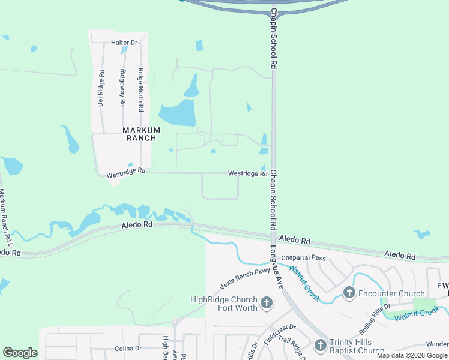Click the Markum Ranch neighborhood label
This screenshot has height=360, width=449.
tap(142, 134)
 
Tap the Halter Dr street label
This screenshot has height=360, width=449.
tap(124, 43)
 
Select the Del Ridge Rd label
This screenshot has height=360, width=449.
tap(101, 89)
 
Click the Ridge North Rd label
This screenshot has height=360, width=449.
tap(141, 91)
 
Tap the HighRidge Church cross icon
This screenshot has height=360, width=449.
tap(267, 303)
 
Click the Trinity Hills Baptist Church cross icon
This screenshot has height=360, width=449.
tap(320, 345)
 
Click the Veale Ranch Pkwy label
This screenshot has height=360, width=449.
tap(245, 278)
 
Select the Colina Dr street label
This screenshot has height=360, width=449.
tap(128, 348)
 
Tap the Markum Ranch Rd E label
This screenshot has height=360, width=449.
tap(5, 215)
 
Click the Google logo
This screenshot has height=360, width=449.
tap(20, 353)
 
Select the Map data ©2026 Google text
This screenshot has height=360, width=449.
tap(412, 355)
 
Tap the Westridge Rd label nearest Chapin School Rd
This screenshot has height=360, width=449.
tap(247, 173)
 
